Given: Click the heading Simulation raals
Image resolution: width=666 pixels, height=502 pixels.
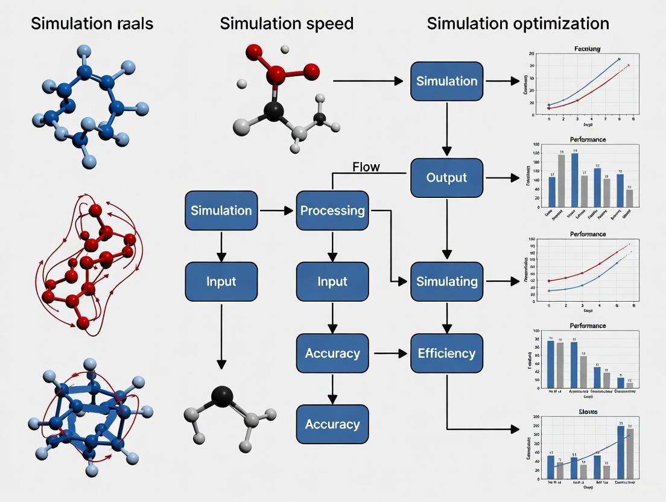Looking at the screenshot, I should tap(92, 24).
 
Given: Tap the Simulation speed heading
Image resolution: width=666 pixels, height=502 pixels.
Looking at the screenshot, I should tap(287, 24).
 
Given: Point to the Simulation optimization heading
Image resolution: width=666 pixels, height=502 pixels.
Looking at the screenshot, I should tap(518, 24).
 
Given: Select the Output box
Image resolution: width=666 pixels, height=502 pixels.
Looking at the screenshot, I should tap(446, 178).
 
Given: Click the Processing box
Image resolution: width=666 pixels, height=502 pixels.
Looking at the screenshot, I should tap(332, 211).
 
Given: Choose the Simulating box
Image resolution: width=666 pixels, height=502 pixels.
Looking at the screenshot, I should tap(446, 282).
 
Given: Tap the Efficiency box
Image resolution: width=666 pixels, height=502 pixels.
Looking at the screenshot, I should tap(446, 353).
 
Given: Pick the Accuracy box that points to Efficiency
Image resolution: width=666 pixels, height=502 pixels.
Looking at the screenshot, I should tap(332, 353).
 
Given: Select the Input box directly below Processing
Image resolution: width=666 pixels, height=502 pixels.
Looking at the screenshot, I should tap(332, 282).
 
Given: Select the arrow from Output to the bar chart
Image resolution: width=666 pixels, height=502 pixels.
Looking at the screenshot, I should tap(501, 178).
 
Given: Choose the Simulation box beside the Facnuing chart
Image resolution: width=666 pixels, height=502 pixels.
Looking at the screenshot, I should tap(446, 81).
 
